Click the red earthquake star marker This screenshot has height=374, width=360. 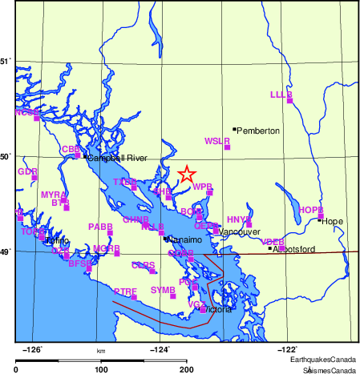[x=186, y=174]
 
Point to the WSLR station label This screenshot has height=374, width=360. [x=217, y=141]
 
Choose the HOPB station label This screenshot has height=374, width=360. [x=310, y=210]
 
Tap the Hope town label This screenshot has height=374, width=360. [x=332, y=220]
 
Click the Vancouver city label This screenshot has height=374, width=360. [x=240, y=231]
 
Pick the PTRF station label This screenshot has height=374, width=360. [x=125, y=292]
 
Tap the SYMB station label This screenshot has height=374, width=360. [x=163, y=289]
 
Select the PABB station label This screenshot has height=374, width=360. [x=100, y=227]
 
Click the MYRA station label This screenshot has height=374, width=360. [x=53, y=195]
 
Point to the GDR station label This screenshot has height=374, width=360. [x=27, y=171]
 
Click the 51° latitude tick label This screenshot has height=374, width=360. [x=6, y=61]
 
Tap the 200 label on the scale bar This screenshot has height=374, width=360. [x=187, y=368]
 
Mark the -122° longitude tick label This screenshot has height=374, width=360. [x=286, y=348]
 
